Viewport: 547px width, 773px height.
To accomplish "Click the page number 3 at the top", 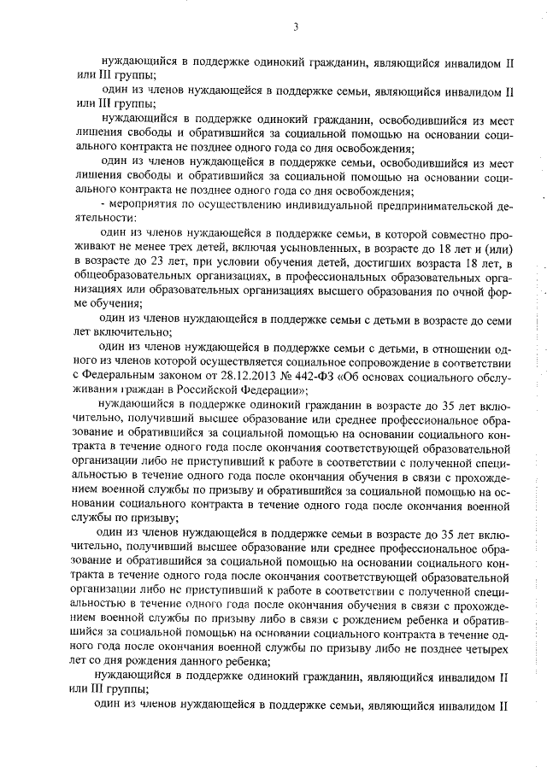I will (x=295, y=27).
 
